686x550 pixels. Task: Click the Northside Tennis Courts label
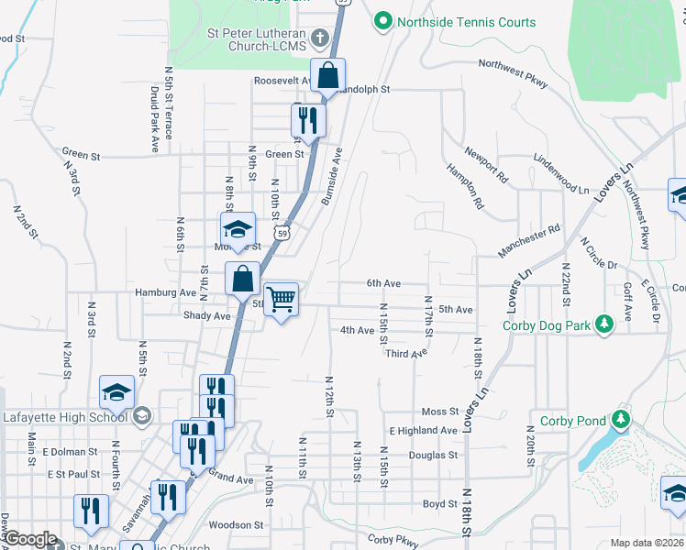(466, 22)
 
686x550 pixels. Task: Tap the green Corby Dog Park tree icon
(603, 324)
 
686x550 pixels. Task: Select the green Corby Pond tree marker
(621, 420)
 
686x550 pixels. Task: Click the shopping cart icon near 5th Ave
(282, 298)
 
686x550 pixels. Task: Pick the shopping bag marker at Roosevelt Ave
(327, 75)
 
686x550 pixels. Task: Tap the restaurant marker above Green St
(308, 120)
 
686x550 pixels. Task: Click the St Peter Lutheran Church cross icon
(319, 38)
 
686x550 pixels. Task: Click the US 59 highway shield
(284, 234)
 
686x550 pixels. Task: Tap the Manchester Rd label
(528, 242)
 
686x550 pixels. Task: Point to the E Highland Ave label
(423, 430)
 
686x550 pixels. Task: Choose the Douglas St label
(433, 455)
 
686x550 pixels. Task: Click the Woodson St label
(236, 525)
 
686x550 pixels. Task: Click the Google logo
(30, 539)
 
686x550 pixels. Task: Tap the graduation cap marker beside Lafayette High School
(116, 392)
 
